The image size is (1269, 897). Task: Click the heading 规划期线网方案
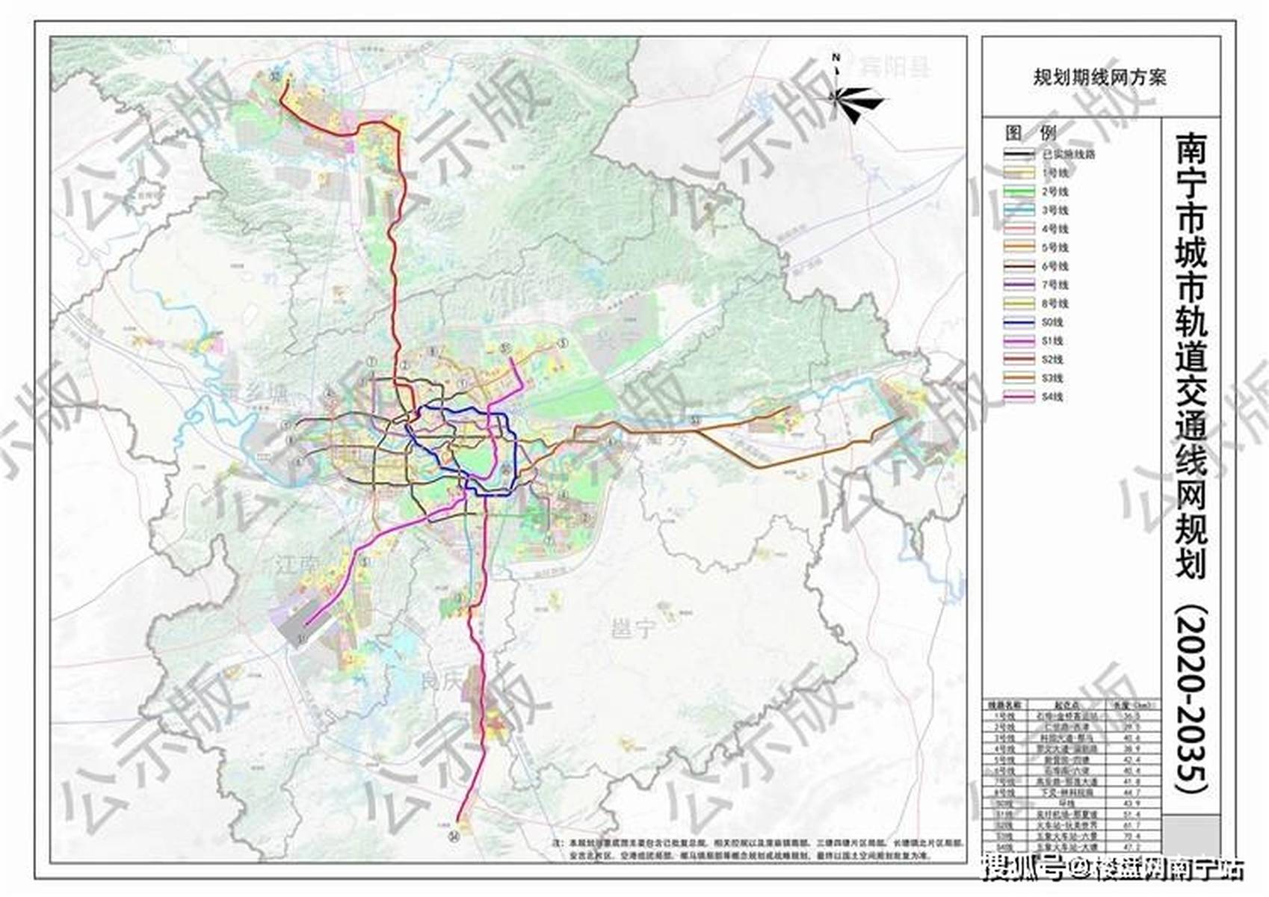[x=1099, y=78]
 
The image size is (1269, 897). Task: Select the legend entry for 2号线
[x=1035, y=191]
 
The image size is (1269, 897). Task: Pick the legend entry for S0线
[x=1035, y=322]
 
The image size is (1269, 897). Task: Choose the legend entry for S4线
[x=1035, y=397]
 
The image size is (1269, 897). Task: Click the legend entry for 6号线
[x=1035, y=266]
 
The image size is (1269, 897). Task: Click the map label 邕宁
[x=632, y=629]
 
